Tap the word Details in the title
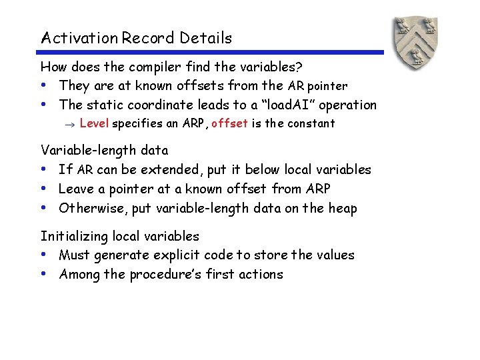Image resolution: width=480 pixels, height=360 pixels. click(207, 38)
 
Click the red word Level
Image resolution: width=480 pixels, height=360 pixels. click(94, 123)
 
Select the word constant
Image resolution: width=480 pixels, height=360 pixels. click(311, 123)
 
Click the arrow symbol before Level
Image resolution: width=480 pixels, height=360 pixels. click(72, 124)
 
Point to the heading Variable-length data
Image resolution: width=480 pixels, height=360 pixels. click(104, 151)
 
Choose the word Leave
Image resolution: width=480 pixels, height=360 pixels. click(76, 189)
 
